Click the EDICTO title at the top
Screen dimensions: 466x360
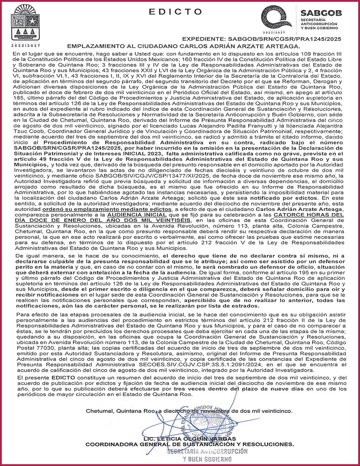point(175,12)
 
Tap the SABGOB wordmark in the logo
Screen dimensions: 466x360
point(321,13)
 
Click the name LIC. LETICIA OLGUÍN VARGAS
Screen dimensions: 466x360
point(189,438)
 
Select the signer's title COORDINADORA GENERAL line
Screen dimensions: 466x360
point(189,444)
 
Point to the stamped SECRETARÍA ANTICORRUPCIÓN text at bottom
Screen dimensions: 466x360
point(207,451)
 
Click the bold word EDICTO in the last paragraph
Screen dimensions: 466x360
point(63,378)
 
